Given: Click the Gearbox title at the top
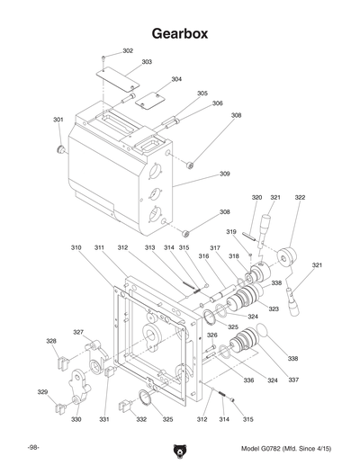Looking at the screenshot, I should point(180,33).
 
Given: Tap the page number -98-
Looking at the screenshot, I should point(33,447).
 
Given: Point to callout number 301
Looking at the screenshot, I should point(58,120).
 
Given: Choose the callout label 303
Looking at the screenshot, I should point(146,62).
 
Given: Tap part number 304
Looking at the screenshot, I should point(176,79).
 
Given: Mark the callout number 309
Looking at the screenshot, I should point(224,174).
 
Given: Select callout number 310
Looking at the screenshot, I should point(76,246).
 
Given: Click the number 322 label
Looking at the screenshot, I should point(300,197).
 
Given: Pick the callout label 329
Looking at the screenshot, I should point(42,392).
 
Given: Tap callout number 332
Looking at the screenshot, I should point(141,419).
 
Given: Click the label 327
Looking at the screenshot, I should point(78,332).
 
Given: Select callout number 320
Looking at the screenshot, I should point(256,197).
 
